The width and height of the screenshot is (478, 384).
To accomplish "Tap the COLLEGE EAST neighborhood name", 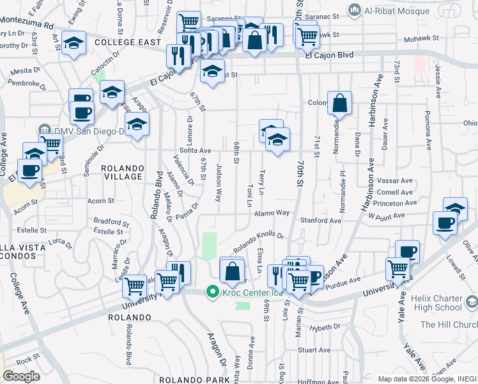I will click(x=127, y=42).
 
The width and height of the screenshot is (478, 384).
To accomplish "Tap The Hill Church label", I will click(x=449, y=324).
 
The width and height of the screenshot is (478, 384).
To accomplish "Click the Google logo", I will click(x=21, y=376).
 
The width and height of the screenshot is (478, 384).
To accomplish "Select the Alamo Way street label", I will click(x=272, y=213).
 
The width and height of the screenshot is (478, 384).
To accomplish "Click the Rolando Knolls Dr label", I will click(x=258, y=239).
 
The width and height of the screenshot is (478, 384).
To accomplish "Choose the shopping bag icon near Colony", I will click(x=340, y=103).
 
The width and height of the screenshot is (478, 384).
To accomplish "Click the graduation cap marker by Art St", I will click(x=75, y=44).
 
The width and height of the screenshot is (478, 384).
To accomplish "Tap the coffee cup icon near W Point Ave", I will click(x=445, y=223).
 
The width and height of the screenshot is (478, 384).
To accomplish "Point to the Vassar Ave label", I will click(x=394, y=181).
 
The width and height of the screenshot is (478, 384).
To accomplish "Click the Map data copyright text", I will click(x=426, y=378).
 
